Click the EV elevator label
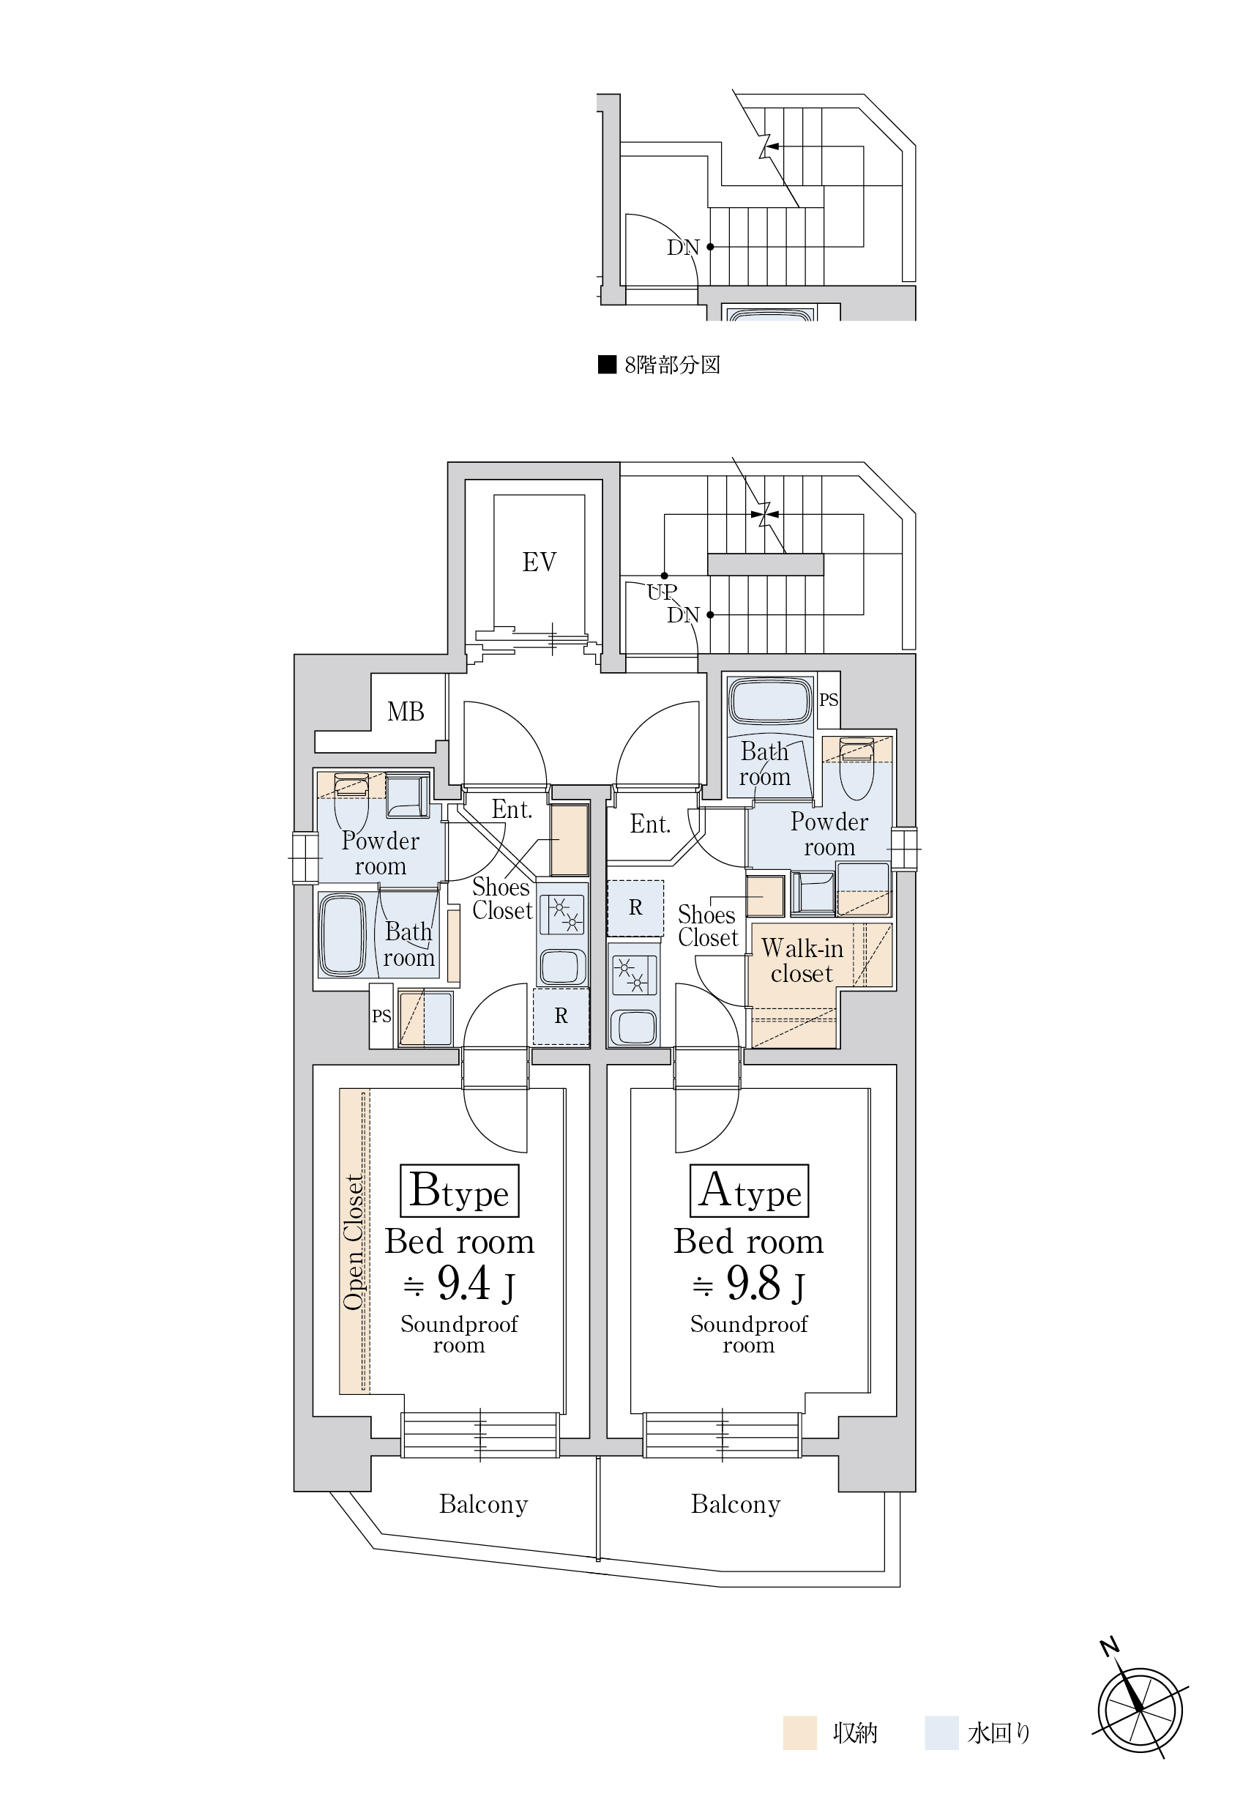[539, 562]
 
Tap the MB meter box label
[406, 712]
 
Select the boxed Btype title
[460, 1191]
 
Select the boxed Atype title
[749, 1191]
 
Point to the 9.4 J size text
[460, 1284]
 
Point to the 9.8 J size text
[749, 1284]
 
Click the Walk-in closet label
[802, 960]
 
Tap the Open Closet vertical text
[354, 1243]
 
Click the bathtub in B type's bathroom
[342, 935]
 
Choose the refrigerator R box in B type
[561, 1016]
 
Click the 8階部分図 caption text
[673, 365]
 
